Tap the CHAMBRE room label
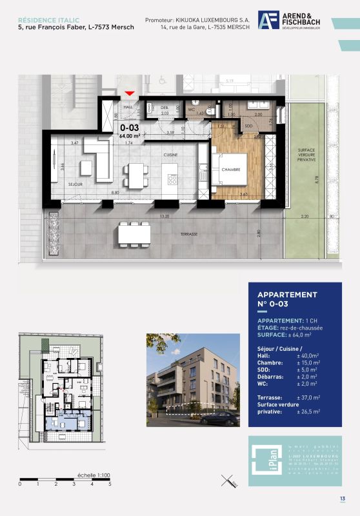pos(231,170)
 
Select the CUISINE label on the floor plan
pos(170,155)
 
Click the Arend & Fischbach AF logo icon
pos(268,21)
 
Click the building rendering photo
pos(191,379)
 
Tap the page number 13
pos(342,499)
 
